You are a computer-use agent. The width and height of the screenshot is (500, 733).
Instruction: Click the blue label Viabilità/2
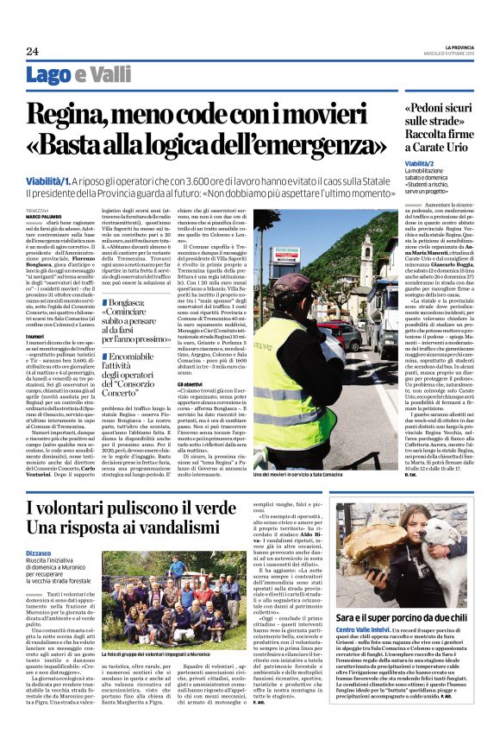point(419,162)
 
